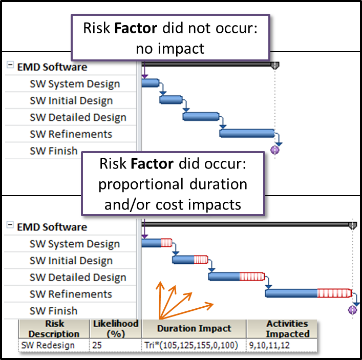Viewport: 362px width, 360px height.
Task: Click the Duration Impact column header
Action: point(194,329)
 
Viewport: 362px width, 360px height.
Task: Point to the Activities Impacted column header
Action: point(287,329)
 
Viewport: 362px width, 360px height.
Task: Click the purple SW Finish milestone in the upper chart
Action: point(275,150)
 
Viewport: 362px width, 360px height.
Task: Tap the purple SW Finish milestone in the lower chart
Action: point(352,310)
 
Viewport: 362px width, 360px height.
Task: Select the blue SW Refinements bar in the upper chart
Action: point(247,133)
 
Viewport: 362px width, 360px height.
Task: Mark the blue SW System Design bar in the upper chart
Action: point(151,83)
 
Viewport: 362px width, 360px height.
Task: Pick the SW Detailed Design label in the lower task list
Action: point(78,278)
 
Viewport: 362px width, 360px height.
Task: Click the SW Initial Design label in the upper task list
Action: point(71,101)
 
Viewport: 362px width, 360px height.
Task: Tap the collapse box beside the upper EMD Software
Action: point(10,66)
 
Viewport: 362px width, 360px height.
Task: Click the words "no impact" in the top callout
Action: point(170,49)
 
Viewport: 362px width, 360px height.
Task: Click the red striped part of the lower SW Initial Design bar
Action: point(199,260)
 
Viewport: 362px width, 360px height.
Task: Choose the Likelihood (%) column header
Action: point(116,329)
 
